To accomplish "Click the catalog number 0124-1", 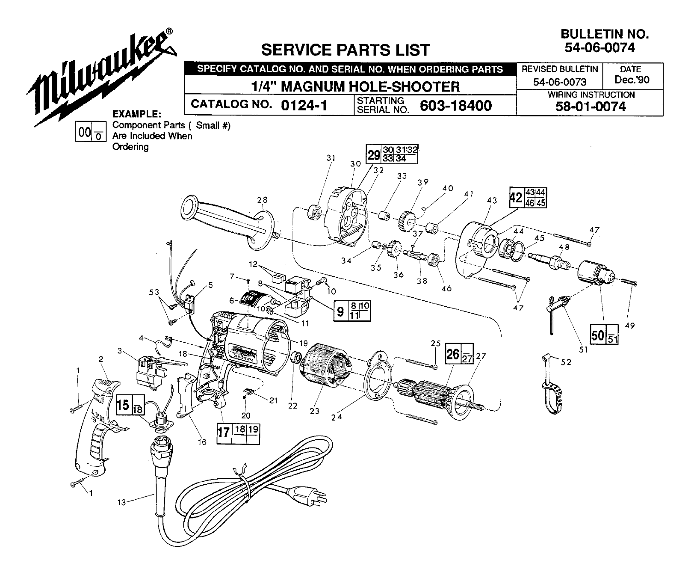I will [x=304, y=105].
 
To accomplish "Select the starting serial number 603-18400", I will [x=456, y=105].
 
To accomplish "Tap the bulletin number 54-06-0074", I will [x=599, y=47].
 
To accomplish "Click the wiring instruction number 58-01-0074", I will [x=590, y=107].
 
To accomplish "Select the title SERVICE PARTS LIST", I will [x=345, y=50].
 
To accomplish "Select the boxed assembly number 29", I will [x=374, y=155].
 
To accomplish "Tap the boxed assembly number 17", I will [x=223, y=432].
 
